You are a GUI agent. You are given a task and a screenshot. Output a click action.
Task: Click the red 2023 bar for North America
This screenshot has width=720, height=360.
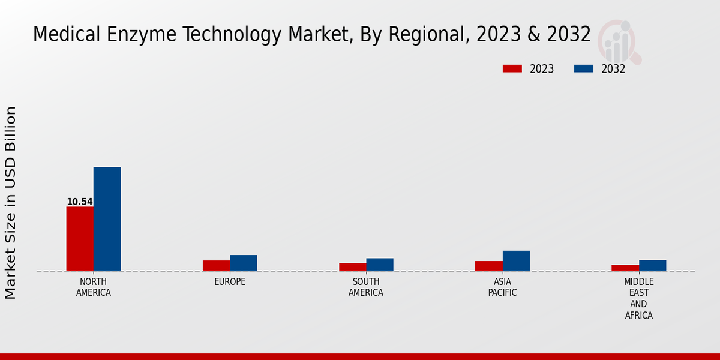tap(80, 239)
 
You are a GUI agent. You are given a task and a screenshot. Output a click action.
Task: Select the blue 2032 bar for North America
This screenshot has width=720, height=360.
tap(107, 219)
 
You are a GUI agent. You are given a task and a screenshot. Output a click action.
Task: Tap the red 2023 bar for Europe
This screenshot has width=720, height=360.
tap(216, 266)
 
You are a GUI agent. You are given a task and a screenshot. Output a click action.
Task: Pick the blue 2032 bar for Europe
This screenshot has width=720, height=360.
tap(243, 263)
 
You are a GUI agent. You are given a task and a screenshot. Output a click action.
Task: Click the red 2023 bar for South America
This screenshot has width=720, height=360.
tap(352, 267)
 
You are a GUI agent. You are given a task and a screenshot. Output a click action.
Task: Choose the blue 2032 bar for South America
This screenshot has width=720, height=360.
tap(380, 265)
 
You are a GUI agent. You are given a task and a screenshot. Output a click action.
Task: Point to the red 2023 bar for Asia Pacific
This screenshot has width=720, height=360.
tap(488, 266)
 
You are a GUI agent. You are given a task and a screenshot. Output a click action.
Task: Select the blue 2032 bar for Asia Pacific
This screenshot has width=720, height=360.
tap(516, 261)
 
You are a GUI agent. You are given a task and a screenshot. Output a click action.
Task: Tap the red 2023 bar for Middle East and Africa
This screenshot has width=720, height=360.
tap(625, 268)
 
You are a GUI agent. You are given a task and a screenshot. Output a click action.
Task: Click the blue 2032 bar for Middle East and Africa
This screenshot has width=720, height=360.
tap(652, 265)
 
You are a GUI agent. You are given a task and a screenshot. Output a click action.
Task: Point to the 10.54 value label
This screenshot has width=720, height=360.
tap(80, 202)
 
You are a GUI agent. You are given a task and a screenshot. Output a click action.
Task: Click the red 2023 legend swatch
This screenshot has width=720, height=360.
tap(512, 69)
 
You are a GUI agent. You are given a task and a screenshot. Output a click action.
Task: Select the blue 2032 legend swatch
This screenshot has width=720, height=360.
tap(584, 69)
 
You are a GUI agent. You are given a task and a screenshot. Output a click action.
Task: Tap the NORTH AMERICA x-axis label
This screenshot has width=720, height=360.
tap(94, 287)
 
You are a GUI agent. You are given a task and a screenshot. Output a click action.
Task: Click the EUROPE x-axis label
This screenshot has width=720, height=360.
tap(230, 282)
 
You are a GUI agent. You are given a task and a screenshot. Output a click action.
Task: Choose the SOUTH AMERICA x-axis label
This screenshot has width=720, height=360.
tap(366, 287)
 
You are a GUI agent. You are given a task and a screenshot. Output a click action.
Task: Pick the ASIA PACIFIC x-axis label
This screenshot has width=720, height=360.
tap(502, 287)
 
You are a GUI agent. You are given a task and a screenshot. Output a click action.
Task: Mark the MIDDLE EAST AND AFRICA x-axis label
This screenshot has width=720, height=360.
tap(639, 298)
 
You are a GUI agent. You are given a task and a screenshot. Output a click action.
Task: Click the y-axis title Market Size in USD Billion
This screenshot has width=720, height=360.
tap(11, 203)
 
